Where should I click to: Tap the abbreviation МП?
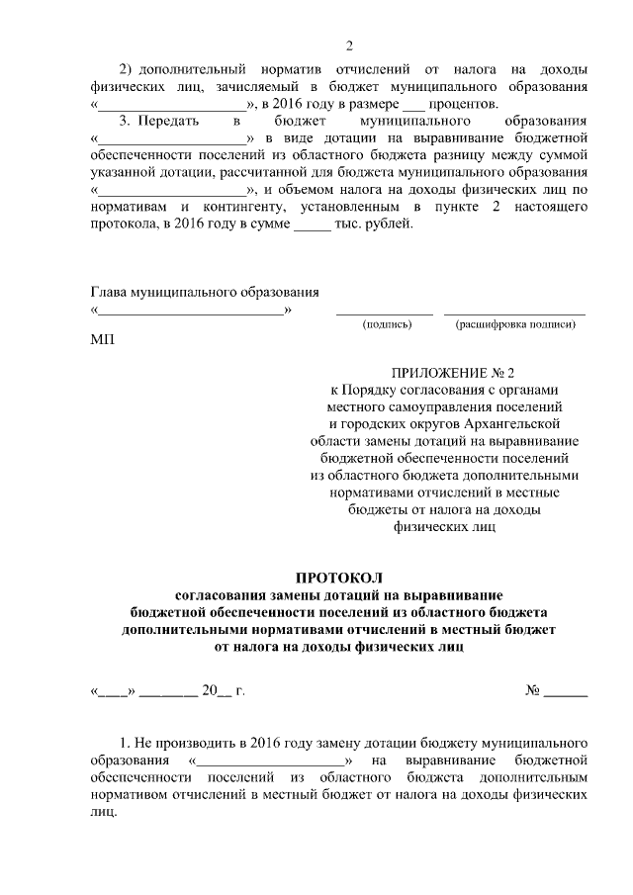[x=102, y=341]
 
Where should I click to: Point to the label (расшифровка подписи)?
[x=514, y=323]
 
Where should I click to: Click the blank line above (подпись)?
[x=385, y=313]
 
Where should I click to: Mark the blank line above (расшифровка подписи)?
[x=514, y=313]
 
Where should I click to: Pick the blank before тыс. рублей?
[x=311, y=225]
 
